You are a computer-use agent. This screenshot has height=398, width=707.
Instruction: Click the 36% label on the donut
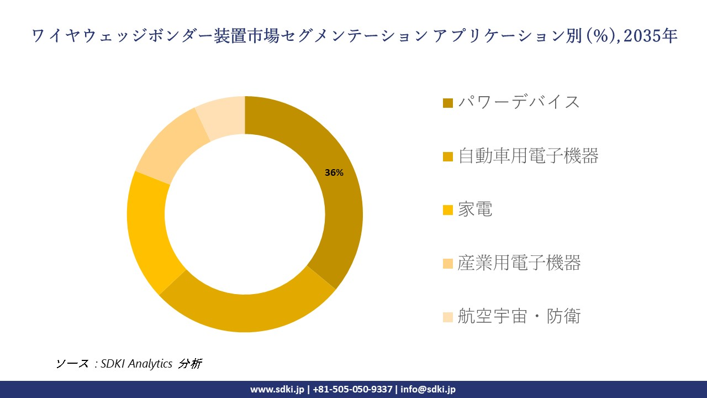click(334, 172)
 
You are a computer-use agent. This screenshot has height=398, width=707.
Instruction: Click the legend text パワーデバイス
click(519, 102)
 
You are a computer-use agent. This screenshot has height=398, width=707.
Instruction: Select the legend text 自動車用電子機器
click(528, 156)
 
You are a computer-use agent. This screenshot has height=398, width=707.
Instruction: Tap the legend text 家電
click(474, 210)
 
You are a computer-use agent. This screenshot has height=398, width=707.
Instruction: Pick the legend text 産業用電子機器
click(519, 263)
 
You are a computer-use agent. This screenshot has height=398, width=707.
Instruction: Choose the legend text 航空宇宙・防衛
click(519, 317)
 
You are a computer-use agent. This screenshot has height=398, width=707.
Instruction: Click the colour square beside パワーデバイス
click(448, 103)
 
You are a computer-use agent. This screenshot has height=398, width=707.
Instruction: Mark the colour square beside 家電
click(448, 210)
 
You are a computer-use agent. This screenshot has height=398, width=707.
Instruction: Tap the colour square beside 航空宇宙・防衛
click(448, 317)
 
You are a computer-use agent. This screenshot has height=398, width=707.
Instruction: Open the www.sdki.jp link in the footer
click(277, 389)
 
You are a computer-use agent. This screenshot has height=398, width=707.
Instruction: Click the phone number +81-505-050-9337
click(353, 389)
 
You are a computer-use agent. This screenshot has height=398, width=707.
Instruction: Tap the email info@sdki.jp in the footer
click(428, 389)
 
